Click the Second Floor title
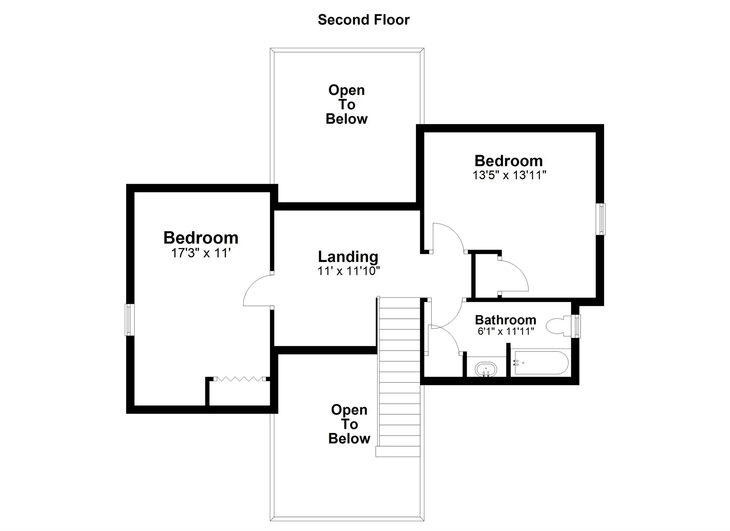[364, 20]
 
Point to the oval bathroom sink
[486, 369]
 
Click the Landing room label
[348, 257]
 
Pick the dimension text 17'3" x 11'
[201, 253]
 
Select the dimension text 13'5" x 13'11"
[509, 175]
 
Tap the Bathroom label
[506, 320]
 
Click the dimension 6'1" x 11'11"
[506, 331]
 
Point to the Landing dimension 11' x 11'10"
[349, 271]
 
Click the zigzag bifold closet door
[240, 379]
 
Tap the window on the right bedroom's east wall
[601, 219]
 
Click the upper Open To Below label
[347, 105]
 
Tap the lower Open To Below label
[349, 424]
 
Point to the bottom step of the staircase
[398, 452]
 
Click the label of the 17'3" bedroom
[201, 238]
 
